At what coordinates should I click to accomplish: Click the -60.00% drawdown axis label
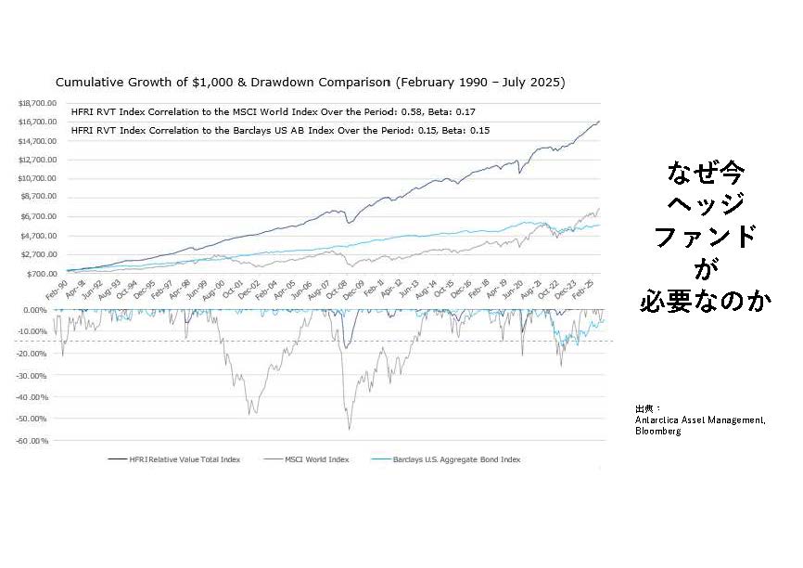click(x=33, y=440)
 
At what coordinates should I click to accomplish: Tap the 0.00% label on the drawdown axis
click(x=36, y=310)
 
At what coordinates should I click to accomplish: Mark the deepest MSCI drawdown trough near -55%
click(x=350, y=428)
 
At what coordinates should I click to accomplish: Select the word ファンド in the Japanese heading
click(x=706, y=236)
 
